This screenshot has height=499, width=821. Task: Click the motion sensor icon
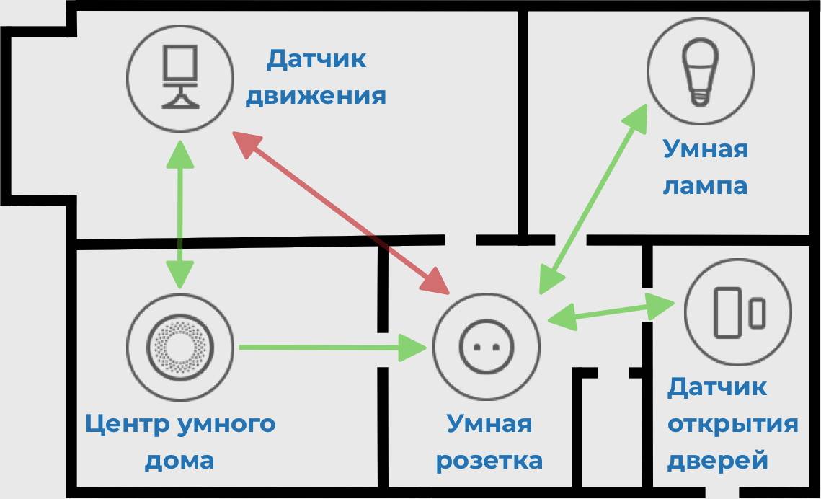[180, 76]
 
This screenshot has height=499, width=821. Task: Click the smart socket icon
[487, 345]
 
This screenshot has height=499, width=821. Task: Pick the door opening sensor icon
[737, 312]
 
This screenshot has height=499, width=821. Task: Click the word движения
[316, 96]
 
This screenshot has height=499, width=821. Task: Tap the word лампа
[705, 186]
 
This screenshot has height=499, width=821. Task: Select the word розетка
[489, 460]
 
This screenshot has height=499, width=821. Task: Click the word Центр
[127, 423]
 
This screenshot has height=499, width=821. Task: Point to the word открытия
[732, 423]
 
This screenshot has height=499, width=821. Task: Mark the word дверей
[717, 460]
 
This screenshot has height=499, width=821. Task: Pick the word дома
[179, 460]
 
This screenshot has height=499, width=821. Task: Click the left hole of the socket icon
[476, 346]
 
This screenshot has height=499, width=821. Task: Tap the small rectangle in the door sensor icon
[756, 314]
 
